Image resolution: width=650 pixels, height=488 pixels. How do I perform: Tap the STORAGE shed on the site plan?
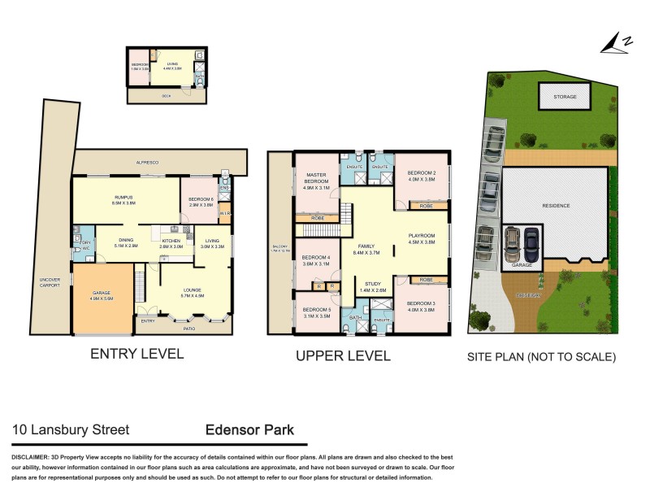point(565,97)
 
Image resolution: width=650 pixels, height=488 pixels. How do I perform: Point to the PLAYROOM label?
point(422,238)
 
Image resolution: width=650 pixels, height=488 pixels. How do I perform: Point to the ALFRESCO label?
point(148,163)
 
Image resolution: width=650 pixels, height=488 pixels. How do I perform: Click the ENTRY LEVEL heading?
point(136,355)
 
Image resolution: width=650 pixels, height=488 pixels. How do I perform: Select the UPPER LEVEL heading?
point(343,355)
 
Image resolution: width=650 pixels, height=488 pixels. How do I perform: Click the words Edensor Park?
point(250,429)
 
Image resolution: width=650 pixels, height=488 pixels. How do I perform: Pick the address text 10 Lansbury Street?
point(71,429)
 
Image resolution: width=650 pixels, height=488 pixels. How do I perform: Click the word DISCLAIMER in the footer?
point(34,458)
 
